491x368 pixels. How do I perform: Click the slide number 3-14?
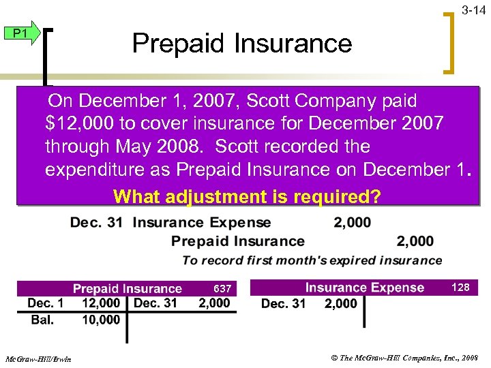click(x=473, y=10)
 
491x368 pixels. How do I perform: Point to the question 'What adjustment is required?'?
click(x=248, y=197)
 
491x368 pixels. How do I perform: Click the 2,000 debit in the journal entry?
click(x=353, y=222)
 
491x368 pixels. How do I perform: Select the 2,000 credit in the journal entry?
click(x=415, y=241)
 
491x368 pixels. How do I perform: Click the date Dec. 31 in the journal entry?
click(x=96, y=222)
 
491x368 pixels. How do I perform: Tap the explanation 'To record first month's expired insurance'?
click(x=312, y=260)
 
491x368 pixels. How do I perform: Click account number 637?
click(x=222, y=289)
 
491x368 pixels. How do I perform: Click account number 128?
click(x=461, y=288)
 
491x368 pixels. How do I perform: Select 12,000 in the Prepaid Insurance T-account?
click(x=100, y=303)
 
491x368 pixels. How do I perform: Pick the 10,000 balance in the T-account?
click(x=100, y=320)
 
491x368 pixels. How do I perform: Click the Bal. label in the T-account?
click(x=42, y=320)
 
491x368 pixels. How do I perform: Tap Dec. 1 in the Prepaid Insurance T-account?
click(x=46, y=303)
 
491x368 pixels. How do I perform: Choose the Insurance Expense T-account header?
click(x=364, y=288)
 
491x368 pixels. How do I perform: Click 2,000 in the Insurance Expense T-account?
click(x=340, y=304)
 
